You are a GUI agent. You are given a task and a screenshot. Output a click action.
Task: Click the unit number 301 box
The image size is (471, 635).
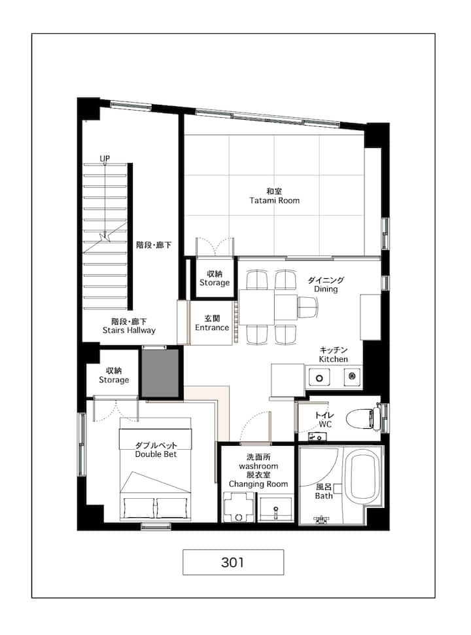(x=233, y=562)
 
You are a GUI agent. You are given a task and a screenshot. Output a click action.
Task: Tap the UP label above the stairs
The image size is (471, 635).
(x=105, y=158)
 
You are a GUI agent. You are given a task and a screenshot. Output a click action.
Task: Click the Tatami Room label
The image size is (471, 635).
(x=274, y=200)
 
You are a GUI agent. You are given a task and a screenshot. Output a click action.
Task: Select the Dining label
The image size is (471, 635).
(x=326, y=289)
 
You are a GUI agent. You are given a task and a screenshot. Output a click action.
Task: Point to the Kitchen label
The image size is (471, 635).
(x=333, y=359)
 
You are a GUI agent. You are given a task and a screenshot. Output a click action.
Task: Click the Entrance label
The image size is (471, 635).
(x=212, y=327)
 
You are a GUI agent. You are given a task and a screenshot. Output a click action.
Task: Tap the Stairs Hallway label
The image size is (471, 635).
(x=129, y=331)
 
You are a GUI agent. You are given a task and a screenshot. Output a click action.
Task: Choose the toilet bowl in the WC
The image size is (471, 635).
(x=363, y=418)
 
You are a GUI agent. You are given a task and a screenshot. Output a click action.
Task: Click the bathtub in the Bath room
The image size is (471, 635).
(x=364, y=478)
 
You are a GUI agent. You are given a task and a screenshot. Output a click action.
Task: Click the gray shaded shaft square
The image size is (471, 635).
(x=160, y=373)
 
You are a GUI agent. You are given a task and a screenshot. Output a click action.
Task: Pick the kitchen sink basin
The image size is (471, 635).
(x=319, y=378)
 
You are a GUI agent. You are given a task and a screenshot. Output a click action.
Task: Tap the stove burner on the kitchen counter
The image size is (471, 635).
(x=352, y=376)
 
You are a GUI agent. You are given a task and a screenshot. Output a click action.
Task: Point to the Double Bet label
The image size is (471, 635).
(x=156, y=454)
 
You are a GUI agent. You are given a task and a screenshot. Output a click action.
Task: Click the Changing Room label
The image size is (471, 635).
(x=258, y=484)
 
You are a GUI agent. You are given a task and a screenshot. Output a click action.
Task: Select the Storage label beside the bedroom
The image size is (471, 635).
(x=114, y=380)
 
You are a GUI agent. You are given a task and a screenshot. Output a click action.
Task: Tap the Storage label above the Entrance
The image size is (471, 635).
(x=215, y=283)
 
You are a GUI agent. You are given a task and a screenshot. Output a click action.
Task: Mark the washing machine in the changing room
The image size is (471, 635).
(x=239, y=507)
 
